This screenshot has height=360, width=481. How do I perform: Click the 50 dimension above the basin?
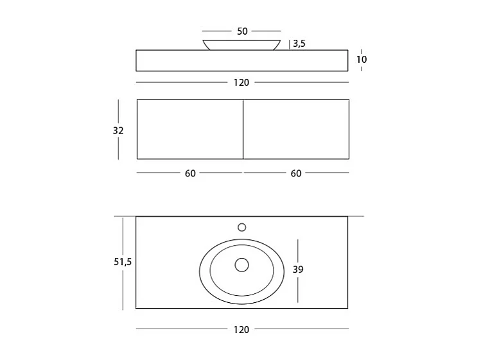tap(241, 31)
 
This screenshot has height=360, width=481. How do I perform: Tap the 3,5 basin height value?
tap(299, 44)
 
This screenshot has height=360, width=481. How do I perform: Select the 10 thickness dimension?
tap(362, 60)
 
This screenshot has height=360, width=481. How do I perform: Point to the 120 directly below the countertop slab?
tap(241, 82)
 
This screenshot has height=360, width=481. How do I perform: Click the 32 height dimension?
tap(118, 130)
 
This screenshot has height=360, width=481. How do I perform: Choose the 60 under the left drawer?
tap(190, 173)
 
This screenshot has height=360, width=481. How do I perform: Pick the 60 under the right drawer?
tap(296, 173)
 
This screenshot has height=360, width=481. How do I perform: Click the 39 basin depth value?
tap(298, 270)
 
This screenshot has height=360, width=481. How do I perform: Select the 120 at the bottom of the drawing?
tap(241, 329)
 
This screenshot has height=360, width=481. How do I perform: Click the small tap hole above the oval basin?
tap(242, 227)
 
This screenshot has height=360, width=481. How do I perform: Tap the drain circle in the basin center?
tap(242, 264)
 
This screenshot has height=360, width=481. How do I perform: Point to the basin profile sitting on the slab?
tap(241, 45)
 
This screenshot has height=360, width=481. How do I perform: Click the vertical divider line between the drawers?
tap(243, 129)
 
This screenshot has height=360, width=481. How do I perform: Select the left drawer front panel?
tap(190, 129)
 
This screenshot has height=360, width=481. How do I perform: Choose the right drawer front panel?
tap(296, 129)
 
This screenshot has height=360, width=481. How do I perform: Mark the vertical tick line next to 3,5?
tap(290, 44)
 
